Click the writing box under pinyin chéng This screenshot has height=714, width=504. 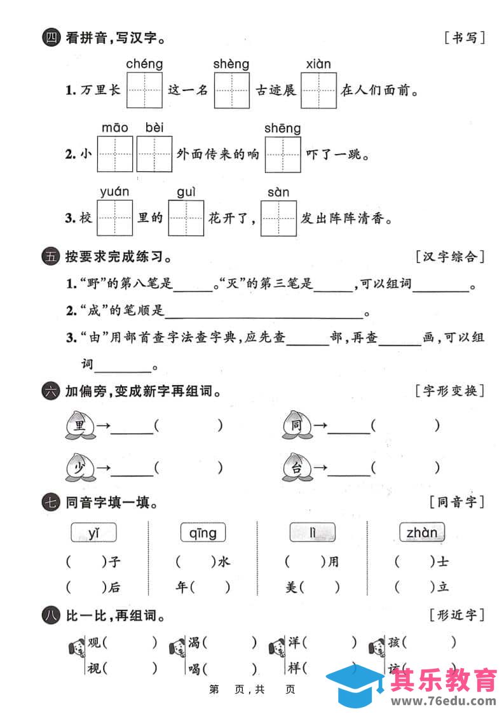(144, 90)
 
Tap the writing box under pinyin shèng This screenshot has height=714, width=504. (231, 90)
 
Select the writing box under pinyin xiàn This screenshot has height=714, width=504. (318, 90)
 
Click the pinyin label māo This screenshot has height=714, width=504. (115, 128)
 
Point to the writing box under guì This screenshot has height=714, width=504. (186, 218)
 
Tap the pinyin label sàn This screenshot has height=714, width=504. (278, 192)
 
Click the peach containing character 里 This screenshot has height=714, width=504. (80, 425)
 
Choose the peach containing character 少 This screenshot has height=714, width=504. (80, 467)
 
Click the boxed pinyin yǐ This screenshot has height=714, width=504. (94, 532)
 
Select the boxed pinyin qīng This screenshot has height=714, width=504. (203, 532)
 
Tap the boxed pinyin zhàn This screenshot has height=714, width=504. (421, 532)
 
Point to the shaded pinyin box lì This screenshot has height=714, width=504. (312, 532)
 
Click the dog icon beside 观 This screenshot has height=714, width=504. (76, 647)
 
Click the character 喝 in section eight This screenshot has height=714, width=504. (194, 668)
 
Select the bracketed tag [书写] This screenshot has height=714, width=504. (465, 38)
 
